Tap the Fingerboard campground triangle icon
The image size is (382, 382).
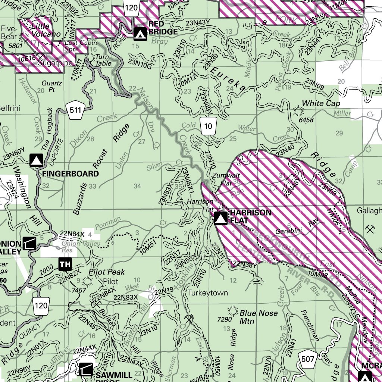(36, 160)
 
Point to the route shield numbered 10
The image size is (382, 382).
(208, 126)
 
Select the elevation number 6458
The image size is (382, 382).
(306, 120)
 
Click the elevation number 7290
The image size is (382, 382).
(225, 319)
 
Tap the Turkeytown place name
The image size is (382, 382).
(208, 293)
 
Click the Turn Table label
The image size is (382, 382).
(104, 60)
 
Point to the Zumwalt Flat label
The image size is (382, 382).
(224, 179)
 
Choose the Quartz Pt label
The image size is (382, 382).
(51, 87)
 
